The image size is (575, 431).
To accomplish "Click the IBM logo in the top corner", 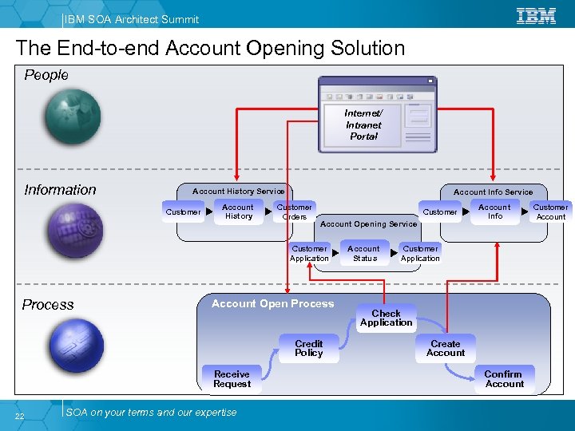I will point(537,15).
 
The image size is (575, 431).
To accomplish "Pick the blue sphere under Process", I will point(74,344).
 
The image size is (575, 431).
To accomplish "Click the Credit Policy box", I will point(308,349).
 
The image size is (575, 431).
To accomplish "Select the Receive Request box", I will point(232,379).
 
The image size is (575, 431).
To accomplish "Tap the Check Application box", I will point(386,318).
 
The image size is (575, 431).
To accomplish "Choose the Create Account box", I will point(446,349).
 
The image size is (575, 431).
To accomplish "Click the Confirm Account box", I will point(504,379).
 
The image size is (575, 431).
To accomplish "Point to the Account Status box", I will point(364,254).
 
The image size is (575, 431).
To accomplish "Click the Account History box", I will point(238,212).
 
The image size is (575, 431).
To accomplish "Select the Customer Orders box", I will point(294,212).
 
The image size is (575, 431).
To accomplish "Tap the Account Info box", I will point(494,212).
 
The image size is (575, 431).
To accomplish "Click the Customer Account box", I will point(550,212).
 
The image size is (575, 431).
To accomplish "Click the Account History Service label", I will point(238,191).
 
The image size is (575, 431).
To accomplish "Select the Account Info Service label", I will point(493,192).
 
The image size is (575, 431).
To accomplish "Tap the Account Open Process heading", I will point(272,303).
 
